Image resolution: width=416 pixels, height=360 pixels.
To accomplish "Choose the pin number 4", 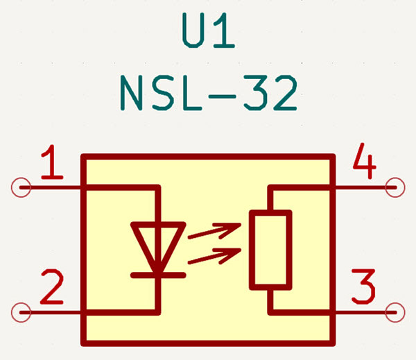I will click(364, 164).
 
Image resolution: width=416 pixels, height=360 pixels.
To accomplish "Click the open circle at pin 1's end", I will click(21, 187).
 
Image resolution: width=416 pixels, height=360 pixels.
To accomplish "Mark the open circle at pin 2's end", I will click(21, 313).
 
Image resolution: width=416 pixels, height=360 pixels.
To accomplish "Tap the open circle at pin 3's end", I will click(395, 313).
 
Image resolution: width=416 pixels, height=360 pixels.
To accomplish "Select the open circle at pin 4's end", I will click(395, 187).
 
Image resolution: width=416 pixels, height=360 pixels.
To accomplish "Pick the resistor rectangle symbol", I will click(270, 250).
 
